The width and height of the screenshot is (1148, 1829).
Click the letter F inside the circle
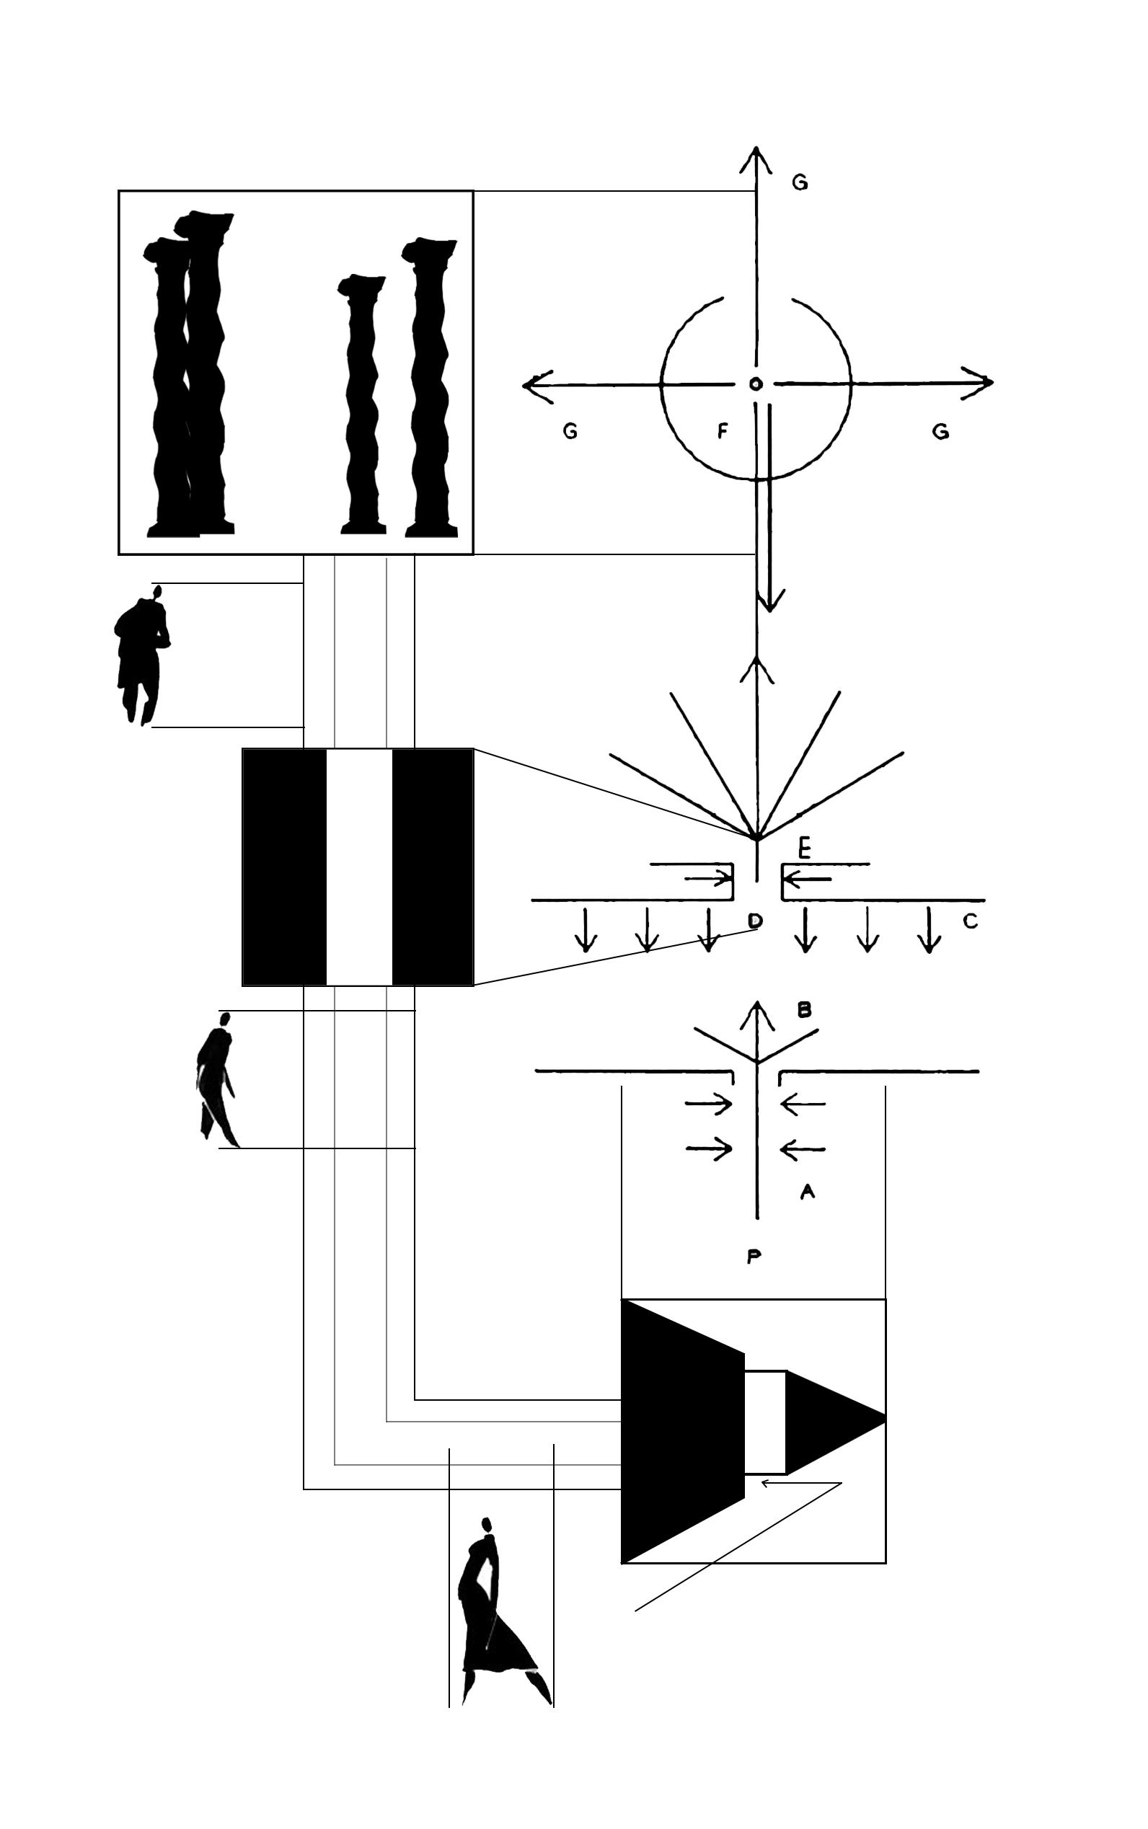(x=722, y=432)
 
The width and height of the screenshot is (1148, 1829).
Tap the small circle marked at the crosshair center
(x=756, y=384)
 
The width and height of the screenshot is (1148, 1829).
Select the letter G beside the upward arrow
(x=800, y=183)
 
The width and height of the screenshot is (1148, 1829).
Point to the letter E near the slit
(x=805, y=848)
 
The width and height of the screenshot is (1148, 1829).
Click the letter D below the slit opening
(x=754, y=921)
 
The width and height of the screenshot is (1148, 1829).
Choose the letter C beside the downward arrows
(x=970, y=921)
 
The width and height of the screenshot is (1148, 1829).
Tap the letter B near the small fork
(x=805, y=1010)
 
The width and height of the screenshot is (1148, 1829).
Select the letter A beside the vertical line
(x=807, y=1192)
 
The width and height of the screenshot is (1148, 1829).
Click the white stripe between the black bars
(x=359, y=867)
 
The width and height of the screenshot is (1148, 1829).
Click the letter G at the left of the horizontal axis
(x=570, y=432)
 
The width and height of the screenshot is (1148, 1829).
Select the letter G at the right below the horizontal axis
(x=940, y=432)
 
